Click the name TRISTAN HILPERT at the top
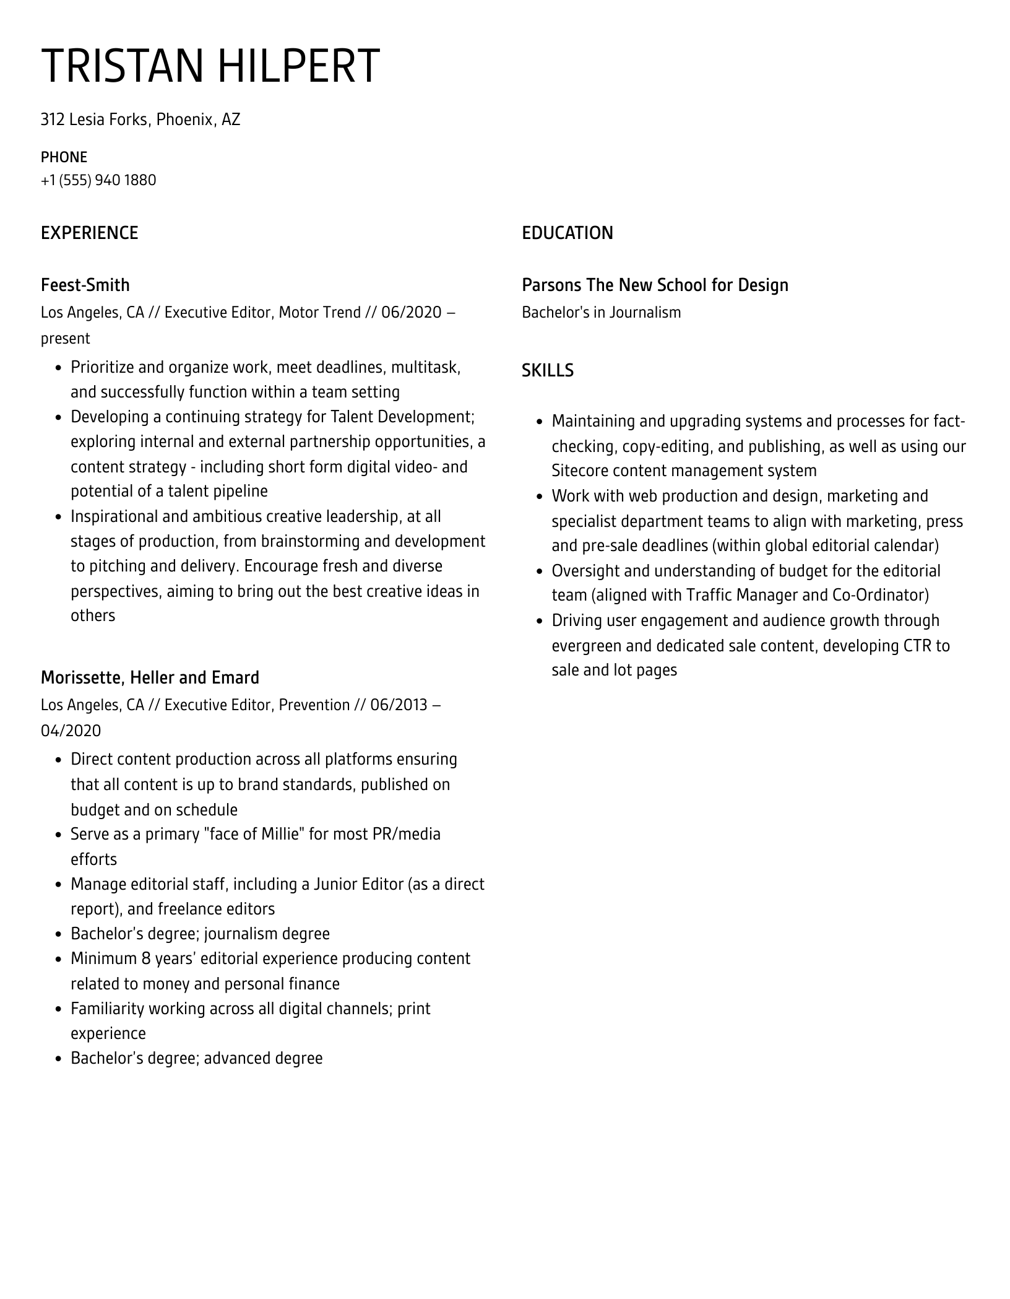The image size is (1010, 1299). point(210,66)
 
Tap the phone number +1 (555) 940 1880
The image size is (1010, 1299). point(98,180)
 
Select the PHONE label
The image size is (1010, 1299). point(64,157)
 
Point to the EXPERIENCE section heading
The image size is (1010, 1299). point(90,233)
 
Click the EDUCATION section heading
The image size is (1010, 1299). point(568,233)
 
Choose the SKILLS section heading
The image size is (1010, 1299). point(548,370)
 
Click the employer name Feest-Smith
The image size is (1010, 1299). point(85,285)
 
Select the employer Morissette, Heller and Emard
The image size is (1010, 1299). point(150,677)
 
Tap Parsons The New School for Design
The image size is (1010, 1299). point(655,285)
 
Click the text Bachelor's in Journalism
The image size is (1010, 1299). point(601,312)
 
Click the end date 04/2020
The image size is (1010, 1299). point(71,731)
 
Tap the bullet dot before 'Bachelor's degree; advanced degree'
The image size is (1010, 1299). point(59,1059)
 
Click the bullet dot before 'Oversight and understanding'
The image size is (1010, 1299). point(540,571)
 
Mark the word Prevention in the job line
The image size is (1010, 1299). point(314,705)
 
